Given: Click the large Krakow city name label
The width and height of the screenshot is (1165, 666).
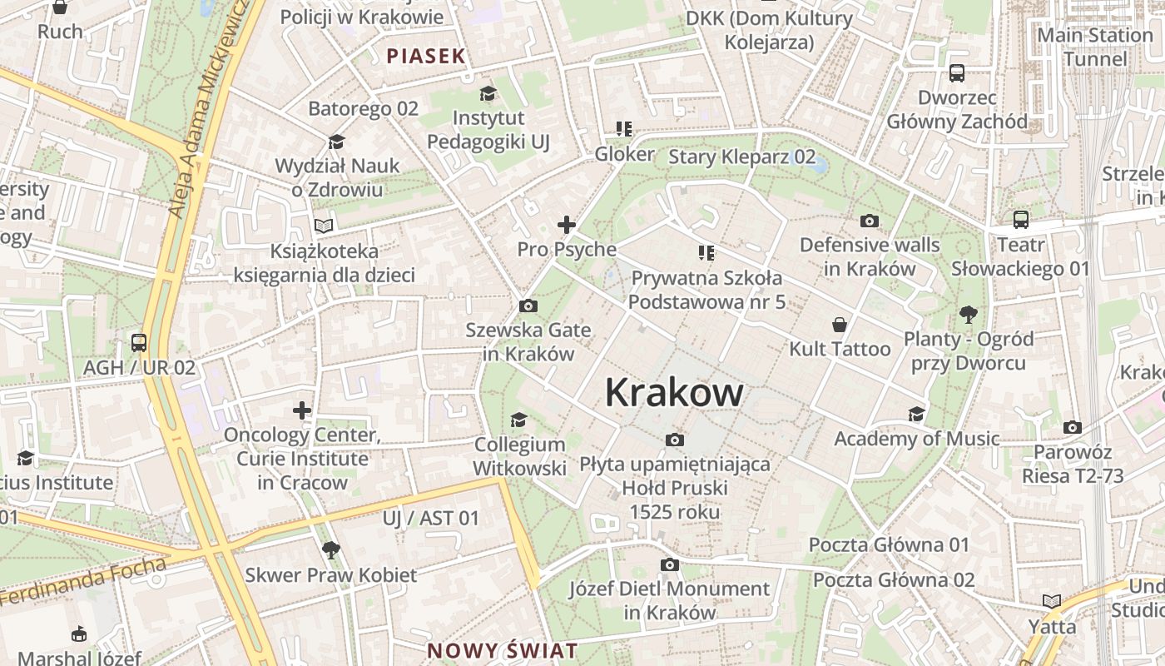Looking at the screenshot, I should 674,392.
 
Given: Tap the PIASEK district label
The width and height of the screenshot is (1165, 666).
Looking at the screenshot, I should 426,57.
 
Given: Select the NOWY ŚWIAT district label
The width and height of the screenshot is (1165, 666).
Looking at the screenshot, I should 502,650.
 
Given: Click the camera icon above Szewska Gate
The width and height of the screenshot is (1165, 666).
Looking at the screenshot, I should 528,306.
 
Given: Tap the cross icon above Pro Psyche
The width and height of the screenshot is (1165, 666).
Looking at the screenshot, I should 567,225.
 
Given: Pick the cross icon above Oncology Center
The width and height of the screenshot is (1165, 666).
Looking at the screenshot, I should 302,410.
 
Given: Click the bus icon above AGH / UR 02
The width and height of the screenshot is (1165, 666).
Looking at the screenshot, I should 139,343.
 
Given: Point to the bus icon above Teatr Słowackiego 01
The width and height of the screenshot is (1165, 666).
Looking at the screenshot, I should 1020,221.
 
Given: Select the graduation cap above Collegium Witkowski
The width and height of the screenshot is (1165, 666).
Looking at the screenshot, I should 519,420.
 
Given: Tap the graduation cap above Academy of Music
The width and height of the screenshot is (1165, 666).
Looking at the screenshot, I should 916,415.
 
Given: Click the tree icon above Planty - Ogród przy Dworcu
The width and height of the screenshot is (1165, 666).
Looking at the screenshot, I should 968,315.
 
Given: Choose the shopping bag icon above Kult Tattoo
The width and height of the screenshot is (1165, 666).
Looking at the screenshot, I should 840,325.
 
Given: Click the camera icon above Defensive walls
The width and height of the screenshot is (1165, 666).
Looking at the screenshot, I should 870,221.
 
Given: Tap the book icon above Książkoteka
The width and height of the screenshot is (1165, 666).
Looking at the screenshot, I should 324,226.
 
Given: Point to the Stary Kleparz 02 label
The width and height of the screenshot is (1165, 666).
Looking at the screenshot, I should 742,157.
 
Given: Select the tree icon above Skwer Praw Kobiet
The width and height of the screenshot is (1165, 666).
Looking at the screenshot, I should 330,549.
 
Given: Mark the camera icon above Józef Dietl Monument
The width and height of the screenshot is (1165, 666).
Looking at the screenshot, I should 669,565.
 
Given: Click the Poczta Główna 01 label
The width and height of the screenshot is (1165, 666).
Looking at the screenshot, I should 890,545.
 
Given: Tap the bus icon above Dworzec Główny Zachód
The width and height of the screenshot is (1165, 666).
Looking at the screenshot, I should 957,73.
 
